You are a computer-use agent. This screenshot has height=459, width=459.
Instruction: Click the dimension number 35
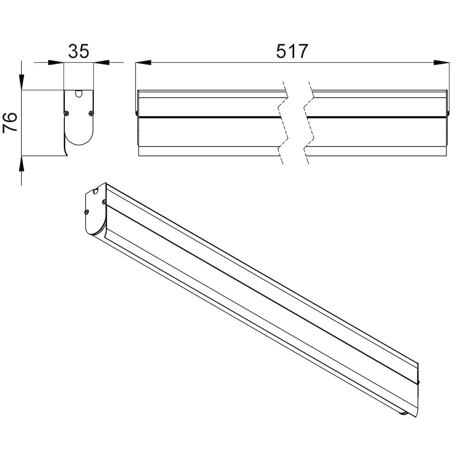[x=78, y=51]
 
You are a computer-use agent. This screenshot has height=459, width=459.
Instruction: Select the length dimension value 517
[x=292, y=51]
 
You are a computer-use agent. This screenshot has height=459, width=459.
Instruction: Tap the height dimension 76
[x=11, y=123]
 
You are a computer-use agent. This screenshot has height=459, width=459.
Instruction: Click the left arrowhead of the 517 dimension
[x=143, y=62]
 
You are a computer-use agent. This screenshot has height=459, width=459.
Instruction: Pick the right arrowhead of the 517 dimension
[x=442, y=62]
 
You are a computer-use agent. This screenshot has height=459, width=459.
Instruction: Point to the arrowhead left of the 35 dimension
[x=56, y=62]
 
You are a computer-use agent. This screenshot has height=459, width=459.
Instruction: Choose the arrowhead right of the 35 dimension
[x=101, y=62]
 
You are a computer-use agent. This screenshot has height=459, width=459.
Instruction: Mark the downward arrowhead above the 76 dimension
[x=22, y=82]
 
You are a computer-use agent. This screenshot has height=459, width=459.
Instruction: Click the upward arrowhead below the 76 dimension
[x=22, y=164]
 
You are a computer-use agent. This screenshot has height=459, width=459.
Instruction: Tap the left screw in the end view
[x=67, y=113]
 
